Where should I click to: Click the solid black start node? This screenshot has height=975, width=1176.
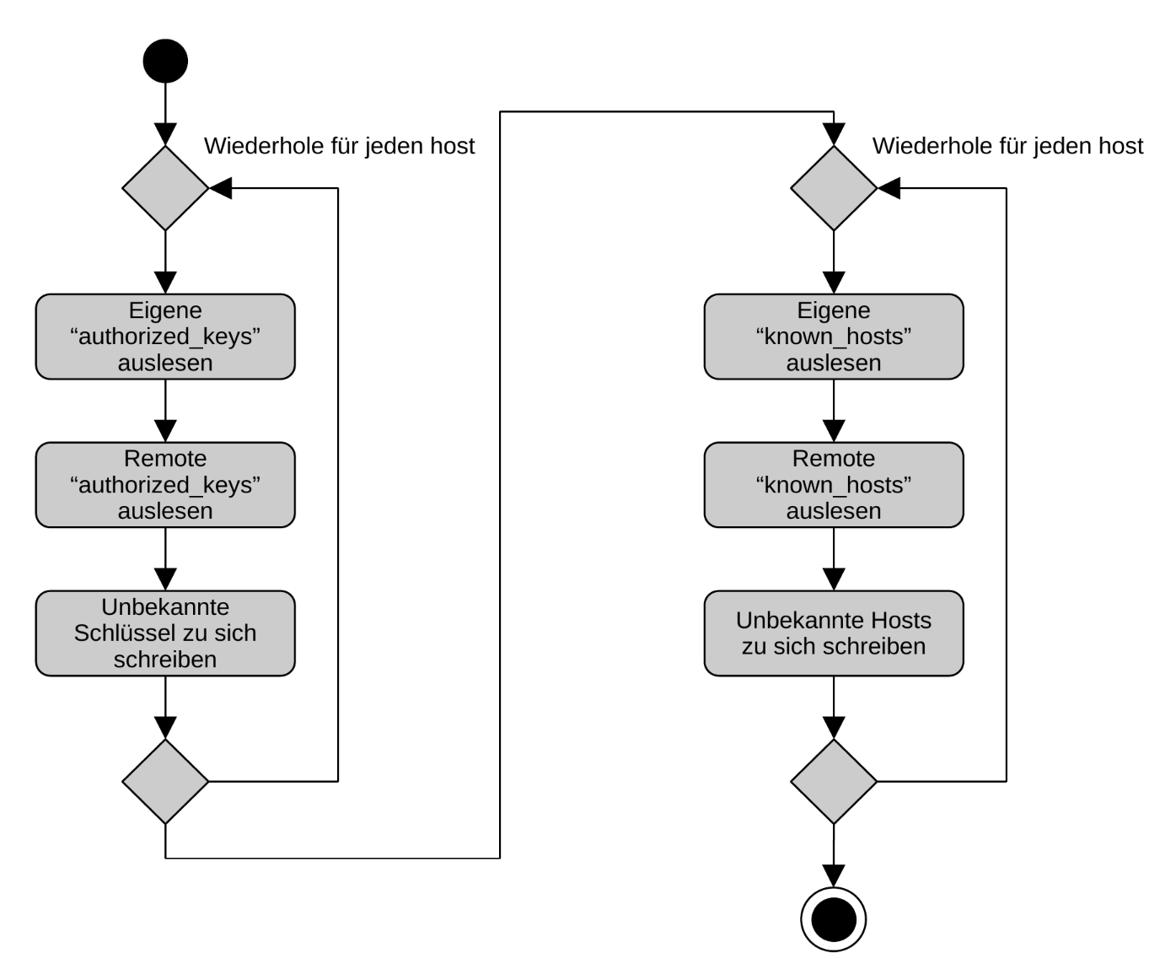coord(165,61)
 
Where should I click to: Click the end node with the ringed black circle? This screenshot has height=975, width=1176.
coord(833,918)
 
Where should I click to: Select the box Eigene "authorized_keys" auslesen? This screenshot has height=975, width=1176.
coord(165,337)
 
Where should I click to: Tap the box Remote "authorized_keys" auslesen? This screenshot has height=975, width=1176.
coord(165,485)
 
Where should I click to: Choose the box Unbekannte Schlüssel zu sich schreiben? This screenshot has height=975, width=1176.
coord(165,633)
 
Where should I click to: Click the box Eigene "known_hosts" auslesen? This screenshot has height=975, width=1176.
coord(833,337)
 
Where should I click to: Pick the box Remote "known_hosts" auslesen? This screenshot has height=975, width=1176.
coord(833,485)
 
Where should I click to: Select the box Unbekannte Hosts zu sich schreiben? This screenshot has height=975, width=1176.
coord(833,633)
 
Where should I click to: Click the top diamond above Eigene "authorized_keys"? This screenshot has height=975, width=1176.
coord(165,188)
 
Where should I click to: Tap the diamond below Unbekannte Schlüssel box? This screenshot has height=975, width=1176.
coord(165,782)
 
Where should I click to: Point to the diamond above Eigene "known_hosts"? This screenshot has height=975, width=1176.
coord(833,188)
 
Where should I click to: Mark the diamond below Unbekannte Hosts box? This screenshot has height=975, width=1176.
coord(833,782)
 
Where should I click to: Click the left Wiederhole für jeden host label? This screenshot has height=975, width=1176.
coord(339,146)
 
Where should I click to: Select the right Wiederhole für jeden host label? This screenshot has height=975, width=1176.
coord(1007,146)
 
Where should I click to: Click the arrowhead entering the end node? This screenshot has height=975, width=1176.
coord(833,875)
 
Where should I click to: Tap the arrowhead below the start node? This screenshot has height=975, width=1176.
coord(165,134)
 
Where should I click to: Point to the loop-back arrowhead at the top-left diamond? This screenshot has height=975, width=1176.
coord(220,188)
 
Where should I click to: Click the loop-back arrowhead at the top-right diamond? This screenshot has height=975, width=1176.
coord(889,188)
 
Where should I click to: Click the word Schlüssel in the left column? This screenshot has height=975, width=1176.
coord(123,633)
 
